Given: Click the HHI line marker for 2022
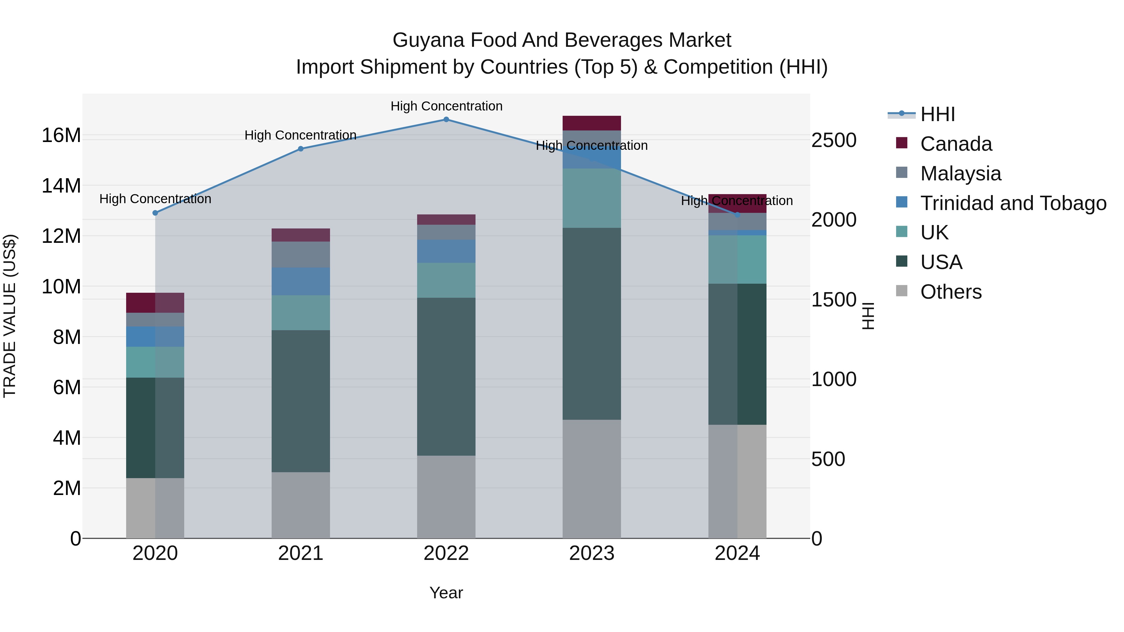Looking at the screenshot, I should point(446,119).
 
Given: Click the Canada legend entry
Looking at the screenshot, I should point(956,144).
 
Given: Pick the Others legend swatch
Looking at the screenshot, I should point(901,291).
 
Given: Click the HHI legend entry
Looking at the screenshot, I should point(937,114).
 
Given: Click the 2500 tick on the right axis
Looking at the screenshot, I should point(833,140).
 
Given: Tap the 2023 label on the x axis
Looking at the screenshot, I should point(591,553).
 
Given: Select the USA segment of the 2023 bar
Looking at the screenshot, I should point(591,324).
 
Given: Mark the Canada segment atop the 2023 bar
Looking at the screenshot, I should point(591,123).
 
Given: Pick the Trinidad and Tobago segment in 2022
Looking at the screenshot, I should point(446,251).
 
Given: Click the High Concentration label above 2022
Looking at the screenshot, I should point(446,106).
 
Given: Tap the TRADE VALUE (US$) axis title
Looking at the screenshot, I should point(10,316).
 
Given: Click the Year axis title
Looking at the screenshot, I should point(446,593).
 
